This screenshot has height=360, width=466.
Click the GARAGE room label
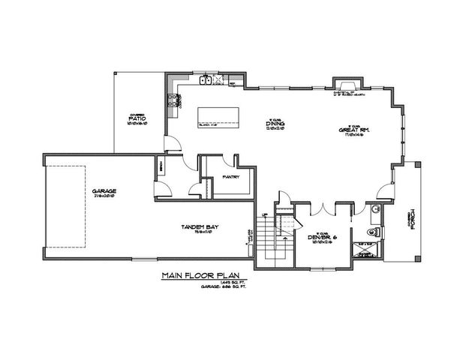pyautogui.click(x=104, y=191)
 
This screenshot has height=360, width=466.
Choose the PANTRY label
pyautogui.click(x=231, y=177)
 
